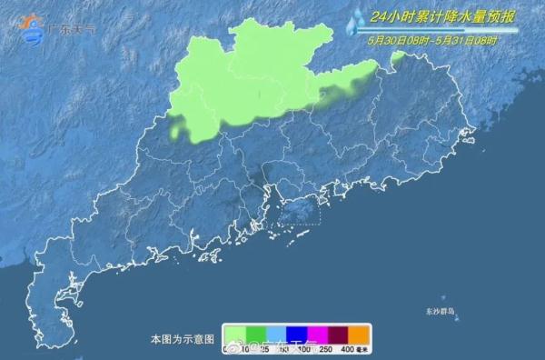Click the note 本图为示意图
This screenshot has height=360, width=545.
[182, 338]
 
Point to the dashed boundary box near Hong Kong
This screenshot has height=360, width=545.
[302, 211]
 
